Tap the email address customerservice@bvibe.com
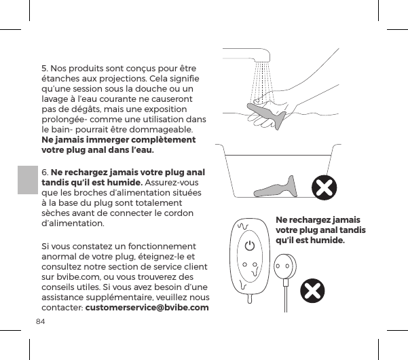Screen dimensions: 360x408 (x=147, y=309)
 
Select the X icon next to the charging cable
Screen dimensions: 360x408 (x=312, y=291)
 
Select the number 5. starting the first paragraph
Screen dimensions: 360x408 (x=45, y=69)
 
